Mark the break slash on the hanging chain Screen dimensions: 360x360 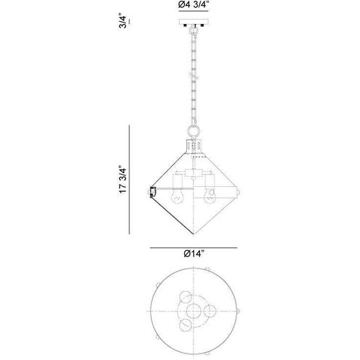[191, 76]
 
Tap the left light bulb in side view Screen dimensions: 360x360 [175, 195]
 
